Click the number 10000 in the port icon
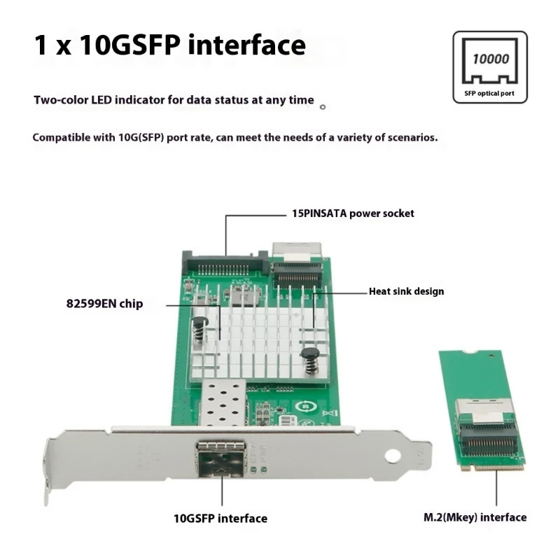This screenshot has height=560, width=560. pos(490,59)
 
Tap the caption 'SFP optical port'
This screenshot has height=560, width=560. pos(489,92)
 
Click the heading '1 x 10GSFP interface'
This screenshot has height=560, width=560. pos(169,45)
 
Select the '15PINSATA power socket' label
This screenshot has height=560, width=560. pos(352,213)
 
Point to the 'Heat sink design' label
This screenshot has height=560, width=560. pos(406,291)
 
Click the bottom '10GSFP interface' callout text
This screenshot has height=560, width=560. pos(220,519)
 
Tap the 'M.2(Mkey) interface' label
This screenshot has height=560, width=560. pos(475,517)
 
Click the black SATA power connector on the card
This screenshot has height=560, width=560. pos(224,265)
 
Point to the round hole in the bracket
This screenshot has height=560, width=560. pos(392,456)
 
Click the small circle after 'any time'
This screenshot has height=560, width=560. pos(322,107)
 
